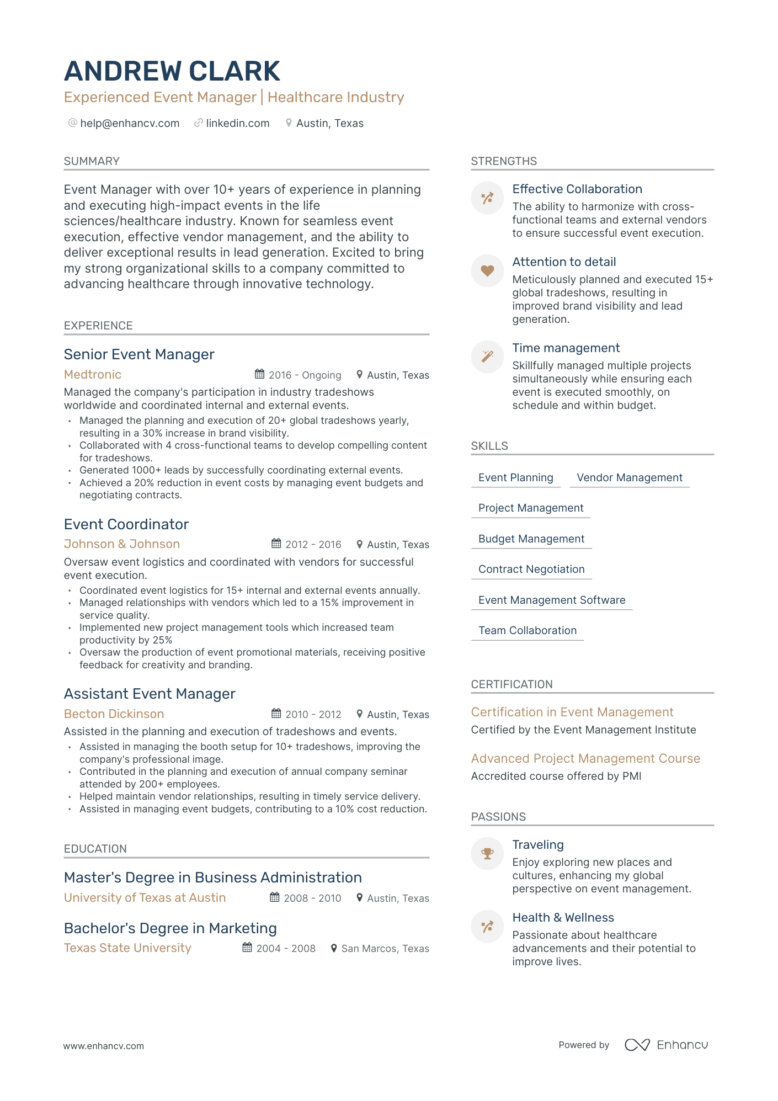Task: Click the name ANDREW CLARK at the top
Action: coord(172,72)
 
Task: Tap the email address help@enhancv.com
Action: coord(130,123)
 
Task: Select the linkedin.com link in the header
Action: coord(238,123)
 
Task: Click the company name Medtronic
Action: coord(93,375)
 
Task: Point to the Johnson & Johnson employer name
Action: coord(122,544)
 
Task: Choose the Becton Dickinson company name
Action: coord(114,714)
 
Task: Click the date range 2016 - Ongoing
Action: coord(305,375)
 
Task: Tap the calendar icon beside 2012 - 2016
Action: coord(276,544)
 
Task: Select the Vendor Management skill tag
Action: coord(630,478)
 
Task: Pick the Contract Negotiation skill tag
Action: coord(531,570)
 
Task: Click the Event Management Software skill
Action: coord(552,600)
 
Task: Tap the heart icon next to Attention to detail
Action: coord(487,270)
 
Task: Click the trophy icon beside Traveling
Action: coord(487,854)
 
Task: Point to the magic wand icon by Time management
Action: coord(487,357)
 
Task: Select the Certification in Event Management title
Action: coord(572,712)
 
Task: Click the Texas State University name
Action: coord(127,948)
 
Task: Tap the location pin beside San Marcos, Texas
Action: coord(334,948)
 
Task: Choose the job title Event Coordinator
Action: coord(126,524)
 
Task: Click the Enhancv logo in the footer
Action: coord(666,1045)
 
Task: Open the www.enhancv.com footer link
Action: coord(104,1046)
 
